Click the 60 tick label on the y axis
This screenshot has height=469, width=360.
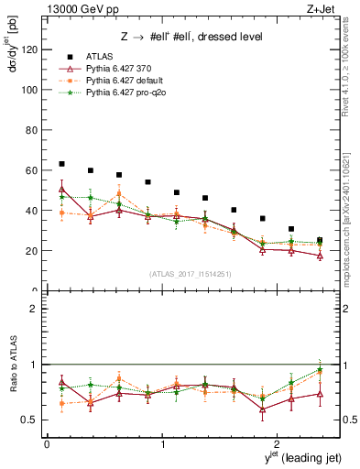tap(31, 170)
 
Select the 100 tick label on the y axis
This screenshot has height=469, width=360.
tap(27, 90)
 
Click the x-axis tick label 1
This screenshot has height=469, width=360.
tap(163, 445)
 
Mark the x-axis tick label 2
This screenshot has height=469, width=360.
tap(279, 445)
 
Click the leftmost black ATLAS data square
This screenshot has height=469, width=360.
tap(61, 164)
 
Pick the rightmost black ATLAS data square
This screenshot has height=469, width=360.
tap(320, 240)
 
